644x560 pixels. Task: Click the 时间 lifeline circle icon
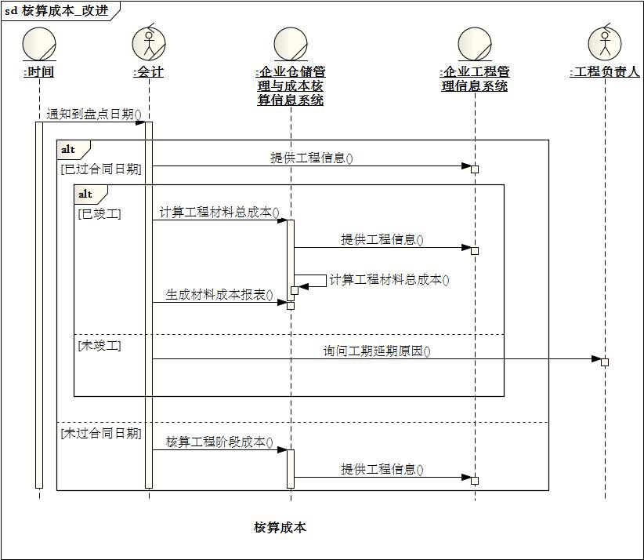(x=39, y=44)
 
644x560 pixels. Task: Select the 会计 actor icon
(x=149, y=43)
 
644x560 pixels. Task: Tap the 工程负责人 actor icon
(x=605, y=43)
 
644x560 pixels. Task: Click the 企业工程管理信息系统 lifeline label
(x=475, y=79)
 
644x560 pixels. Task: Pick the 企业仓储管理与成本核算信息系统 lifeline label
(x=291, y=86)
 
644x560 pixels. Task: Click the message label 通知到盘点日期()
(x=94, y=114)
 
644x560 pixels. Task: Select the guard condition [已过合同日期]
(x=101, y=169)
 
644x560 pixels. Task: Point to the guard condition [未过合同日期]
(x=101, y=433)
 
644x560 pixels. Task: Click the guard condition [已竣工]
(x=99, y=214)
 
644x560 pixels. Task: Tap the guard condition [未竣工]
(x=99, y=345)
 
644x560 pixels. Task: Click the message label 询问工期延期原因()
(x=377, y=351)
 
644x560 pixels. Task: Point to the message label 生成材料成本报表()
(x=219, y=295)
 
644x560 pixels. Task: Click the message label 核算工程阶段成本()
(x=219, y=442)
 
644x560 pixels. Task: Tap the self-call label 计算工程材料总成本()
(x=389, y=280)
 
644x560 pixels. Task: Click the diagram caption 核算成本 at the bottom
(x=280, y=527)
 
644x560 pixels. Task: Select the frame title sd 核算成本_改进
(x=56, y=11)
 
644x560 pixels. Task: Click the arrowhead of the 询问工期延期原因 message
(x=596, y=359)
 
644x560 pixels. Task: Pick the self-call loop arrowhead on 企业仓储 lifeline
(x=303, y=286)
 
